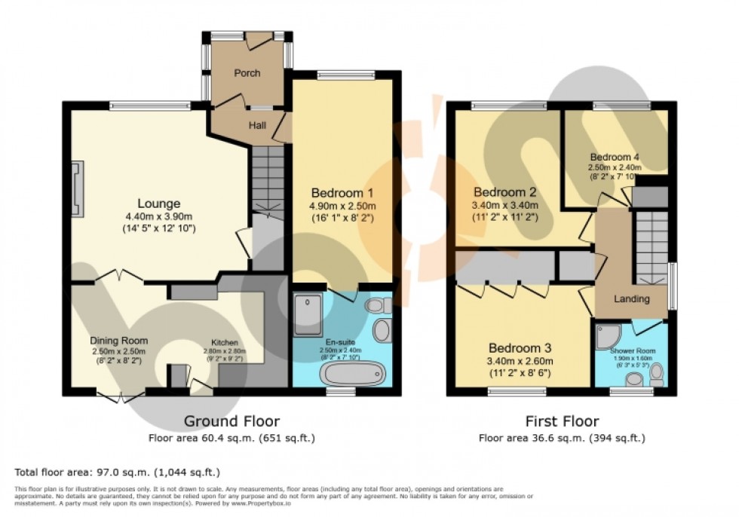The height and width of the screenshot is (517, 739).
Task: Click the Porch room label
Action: (247, 73)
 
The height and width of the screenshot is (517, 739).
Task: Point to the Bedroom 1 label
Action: (342, 193)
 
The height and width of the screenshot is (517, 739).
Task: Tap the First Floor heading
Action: (562, 421)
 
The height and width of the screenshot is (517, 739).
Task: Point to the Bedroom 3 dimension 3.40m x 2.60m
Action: (520, 360)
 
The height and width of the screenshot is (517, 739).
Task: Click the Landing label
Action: (631, 299)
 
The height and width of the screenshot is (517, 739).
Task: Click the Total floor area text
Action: (117, 473)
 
